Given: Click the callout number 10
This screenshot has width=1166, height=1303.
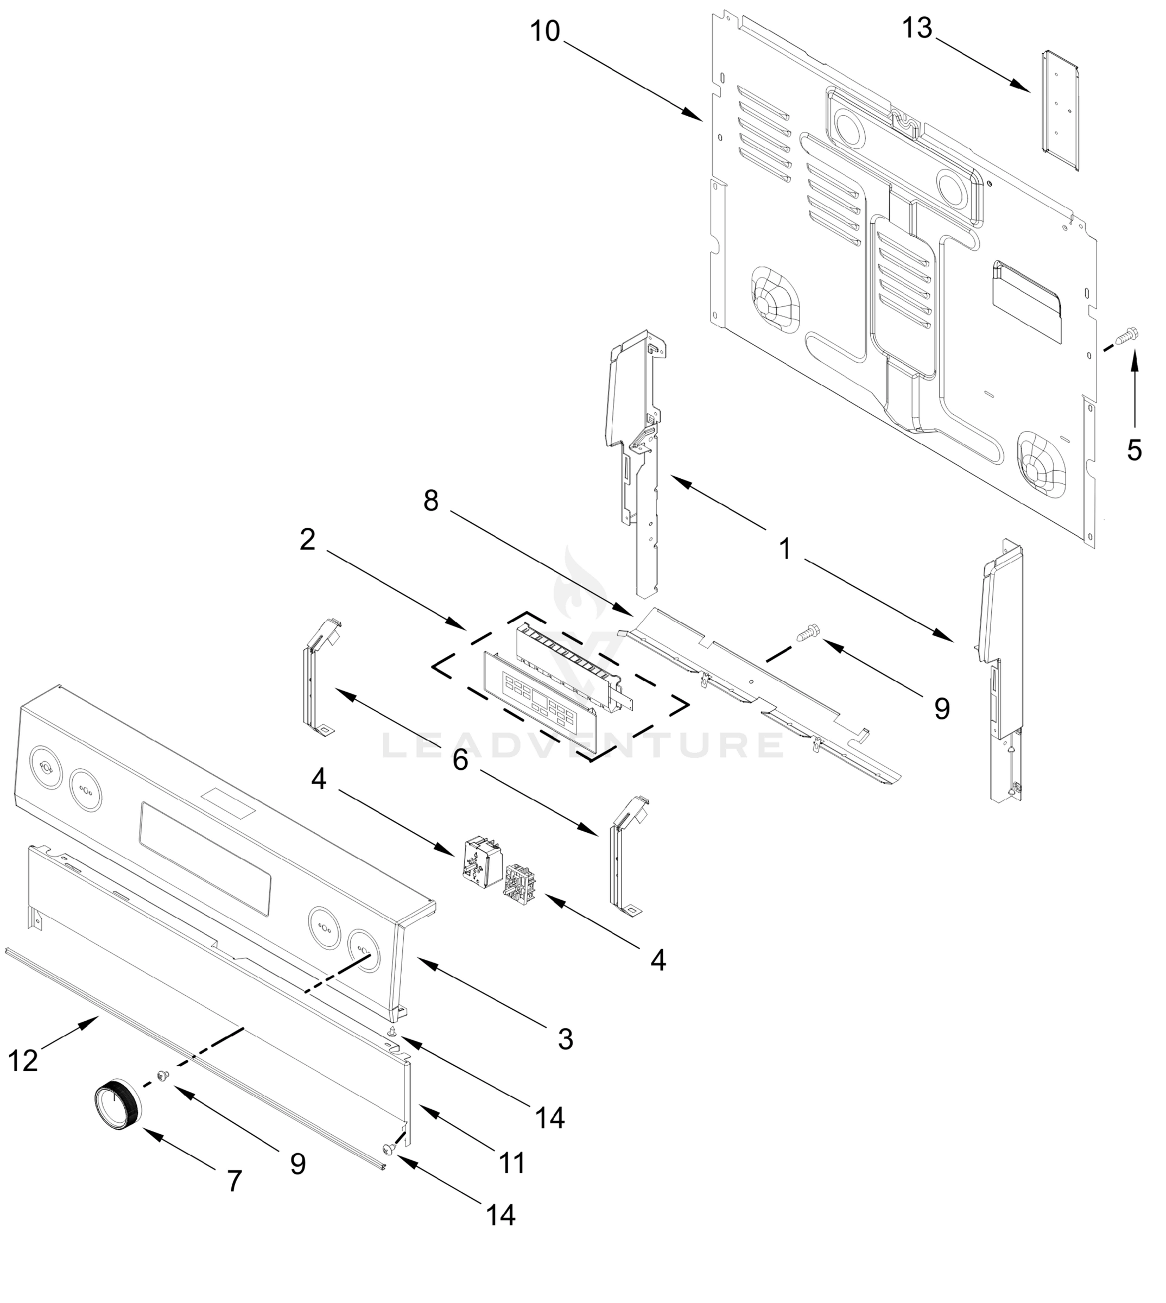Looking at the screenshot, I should click(545, 31).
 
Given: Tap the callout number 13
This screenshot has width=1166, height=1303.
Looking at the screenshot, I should click(917, 29).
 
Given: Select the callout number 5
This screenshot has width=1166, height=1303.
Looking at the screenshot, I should click(1134, 450).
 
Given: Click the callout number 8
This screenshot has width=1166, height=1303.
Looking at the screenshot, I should click(430, 501).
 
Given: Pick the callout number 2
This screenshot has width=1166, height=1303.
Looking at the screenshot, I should click(308, 540).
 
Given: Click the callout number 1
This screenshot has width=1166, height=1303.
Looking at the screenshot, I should click(785, 549).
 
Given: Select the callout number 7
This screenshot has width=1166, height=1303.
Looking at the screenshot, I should click(235, 1181).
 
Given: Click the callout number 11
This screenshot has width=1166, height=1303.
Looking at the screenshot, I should click(512, 1163).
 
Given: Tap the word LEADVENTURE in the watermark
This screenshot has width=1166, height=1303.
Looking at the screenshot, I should click(583, 745).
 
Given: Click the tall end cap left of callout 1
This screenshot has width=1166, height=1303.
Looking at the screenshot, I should click(636, 461).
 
